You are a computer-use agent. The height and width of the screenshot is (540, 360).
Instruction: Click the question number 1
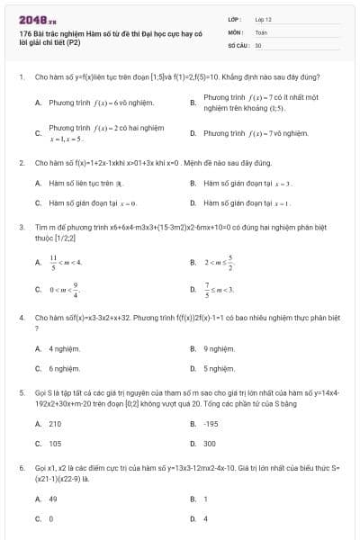(21, 77)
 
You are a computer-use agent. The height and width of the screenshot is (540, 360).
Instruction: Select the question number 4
(21, 317)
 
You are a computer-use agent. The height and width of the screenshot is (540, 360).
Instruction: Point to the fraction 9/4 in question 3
(76, 290)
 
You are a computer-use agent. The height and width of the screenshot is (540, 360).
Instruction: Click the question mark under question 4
(36, 328)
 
